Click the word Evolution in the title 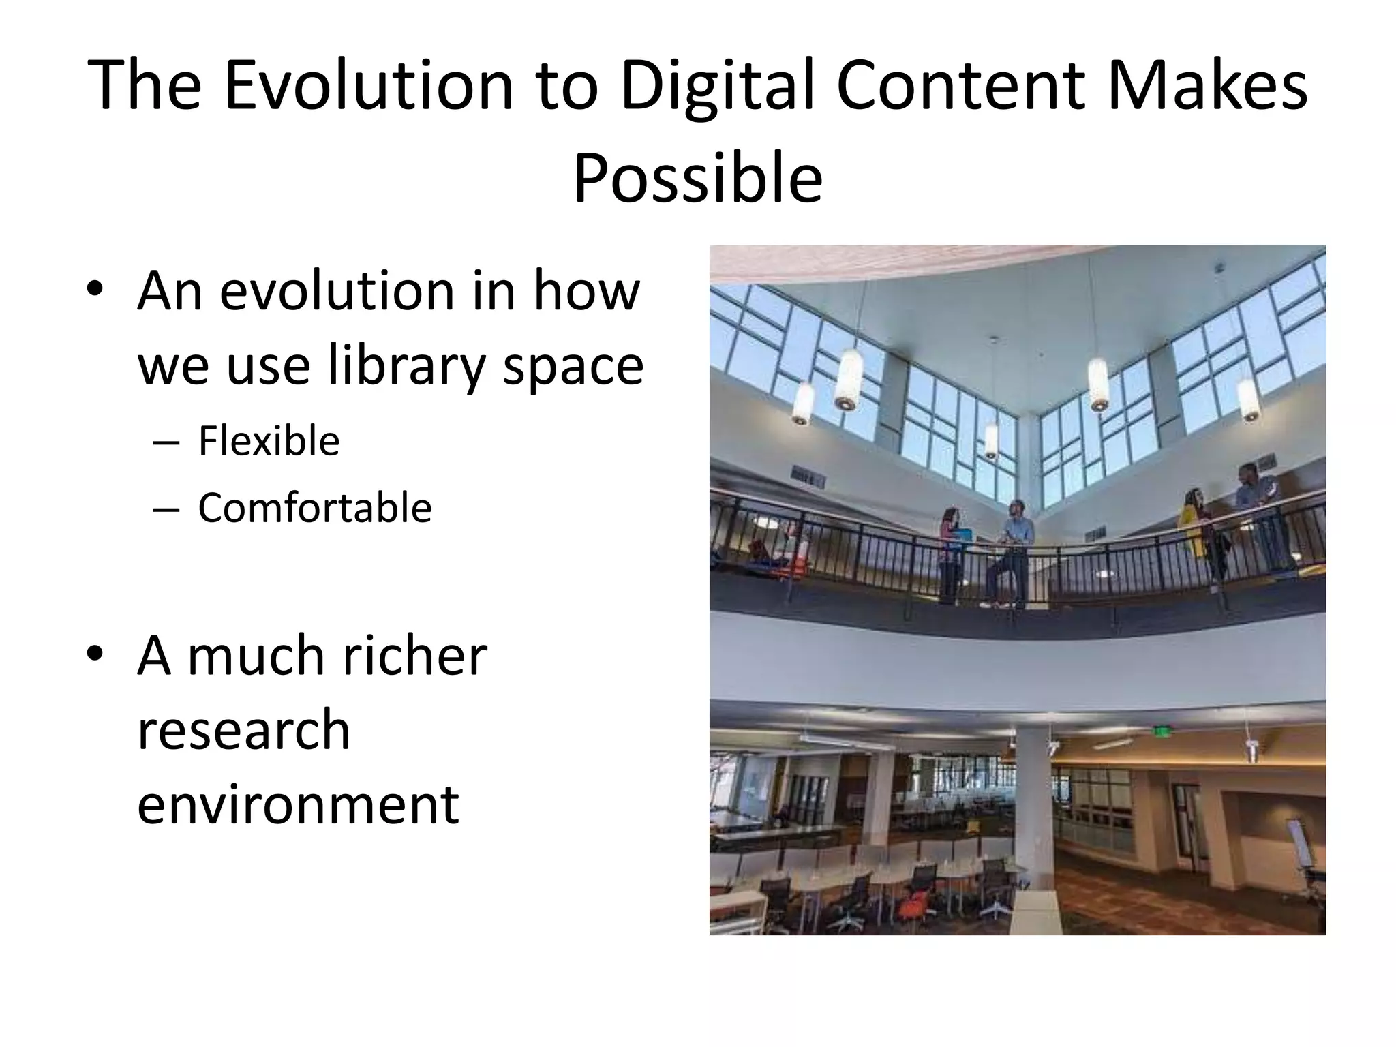click(x=369, y=87)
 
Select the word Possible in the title click(x=698, y=179)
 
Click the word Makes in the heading click(x=1207, y=87)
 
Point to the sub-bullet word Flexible click(x=269, y=441)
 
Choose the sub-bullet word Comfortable click(x=315, y=509)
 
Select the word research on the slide click(x=243, y=729)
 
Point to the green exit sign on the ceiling click(x=1159, y=731)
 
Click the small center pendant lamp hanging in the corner click(x=991, y=440)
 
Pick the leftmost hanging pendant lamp click(x=803, y=402)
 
